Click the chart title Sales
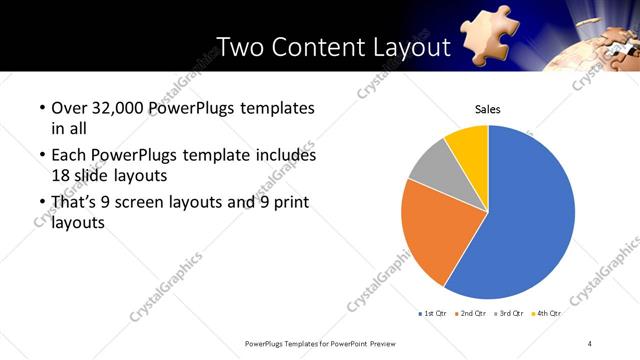[x=487, y=110]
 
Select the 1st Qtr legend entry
[x=432, y=313]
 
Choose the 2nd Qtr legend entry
[x=470, y=313]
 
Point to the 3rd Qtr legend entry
[x=508, y=313]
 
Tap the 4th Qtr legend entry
[x=546, y=313]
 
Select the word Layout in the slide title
[x=412, y=47]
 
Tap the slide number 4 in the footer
[x=590, y=343]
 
